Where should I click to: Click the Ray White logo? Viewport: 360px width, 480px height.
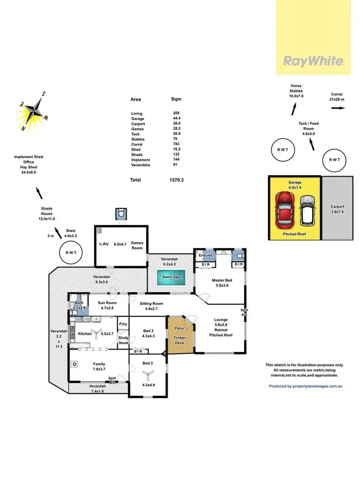[x=313, y=61]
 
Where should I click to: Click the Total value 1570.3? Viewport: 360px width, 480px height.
[x=176, y=180]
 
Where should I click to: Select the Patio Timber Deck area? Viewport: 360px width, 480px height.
[x=180, y=334]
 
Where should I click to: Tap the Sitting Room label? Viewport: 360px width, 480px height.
[x=152, y=304]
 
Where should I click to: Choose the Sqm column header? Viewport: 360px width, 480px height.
[x=176, y=99]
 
